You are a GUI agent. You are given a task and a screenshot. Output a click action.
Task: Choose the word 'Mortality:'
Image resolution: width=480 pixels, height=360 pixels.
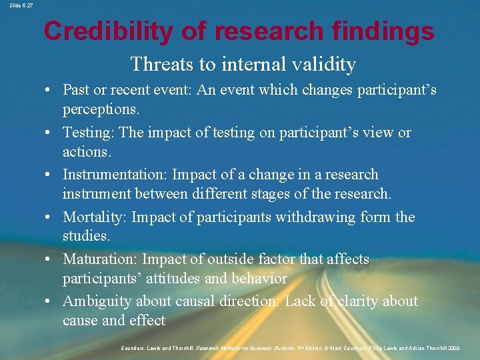[96, 217]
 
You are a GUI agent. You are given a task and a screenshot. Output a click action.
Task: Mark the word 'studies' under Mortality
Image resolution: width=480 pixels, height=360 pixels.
[85, 236]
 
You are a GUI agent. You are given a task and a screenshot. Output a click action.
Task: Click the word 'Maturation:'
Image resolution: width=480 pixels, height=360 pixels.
[101, 259]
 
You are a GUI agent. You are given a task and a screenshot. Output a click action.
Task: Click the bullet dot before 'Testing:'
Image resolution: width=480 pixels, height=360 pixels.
[51, 133]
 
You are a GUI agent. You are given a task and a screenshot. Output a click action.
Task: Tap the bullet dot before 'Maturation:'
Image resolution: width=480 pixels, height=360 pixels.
[51, 260]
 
